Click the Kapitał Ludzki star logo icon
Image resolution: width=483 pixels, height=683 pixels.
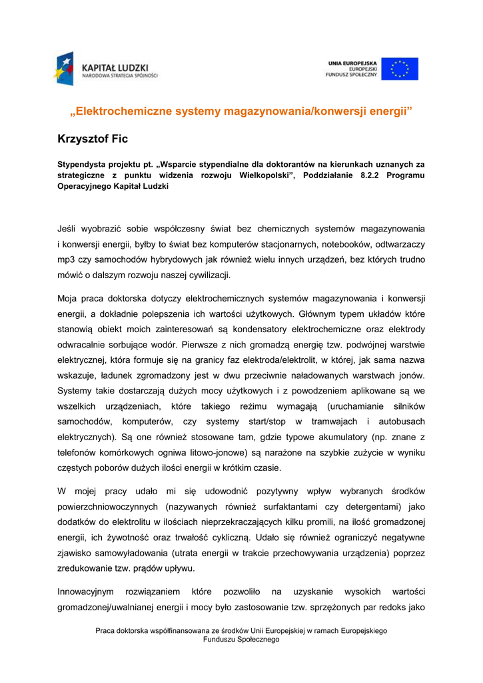tap(65, 69)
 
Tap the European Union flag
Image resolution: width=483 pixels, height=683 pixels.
tap(400, 69)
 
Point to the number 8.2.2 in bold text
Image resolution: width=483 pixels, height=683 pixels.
tap(362, 175)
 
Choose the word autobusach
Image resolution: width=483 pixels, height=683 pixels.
tap(402, 422)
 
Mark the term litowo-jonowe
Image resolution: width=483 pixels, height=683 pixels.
tap(196, 452)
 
